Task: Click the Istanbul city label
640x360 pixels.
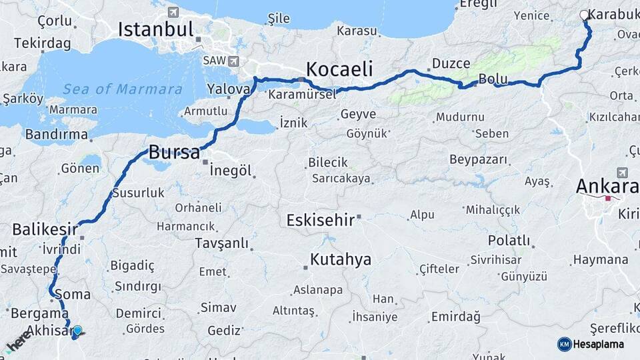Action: coord(156,29)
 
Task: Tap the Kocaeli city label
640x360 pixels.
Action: coord(339,69)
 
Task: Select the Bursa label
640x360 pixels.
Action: coord(174,152)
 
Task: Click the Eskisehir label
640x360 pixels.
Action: coord(320,220)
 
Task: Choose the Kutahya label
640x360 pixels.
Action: coord(340,259)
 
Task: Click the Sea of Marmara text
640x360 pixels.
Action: coord(123,89)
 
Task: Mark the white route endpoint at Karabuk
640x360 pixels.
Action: coord(585,15)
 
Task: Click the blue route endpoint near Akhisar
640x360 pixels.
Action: coord(78,331)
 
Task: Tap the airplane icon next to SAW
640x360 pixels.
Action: coord(233,61)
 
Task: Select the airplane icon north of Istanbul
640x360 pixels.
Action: coord(173,12)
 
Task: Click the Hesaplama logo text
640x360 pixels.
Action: coord(598,344)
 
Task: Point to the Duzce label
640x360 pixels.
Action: coord(451,63)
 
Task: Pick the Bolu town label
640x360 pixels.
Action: coord(493,79)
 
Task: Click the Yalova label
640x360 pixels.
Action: coord(229,89)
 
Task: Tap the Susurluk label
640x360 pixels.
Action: coord(138,193)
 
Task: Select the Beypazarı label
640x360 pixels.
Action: coord(478,160)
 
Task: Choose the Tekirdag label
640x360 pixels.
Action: coord(42,43)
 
